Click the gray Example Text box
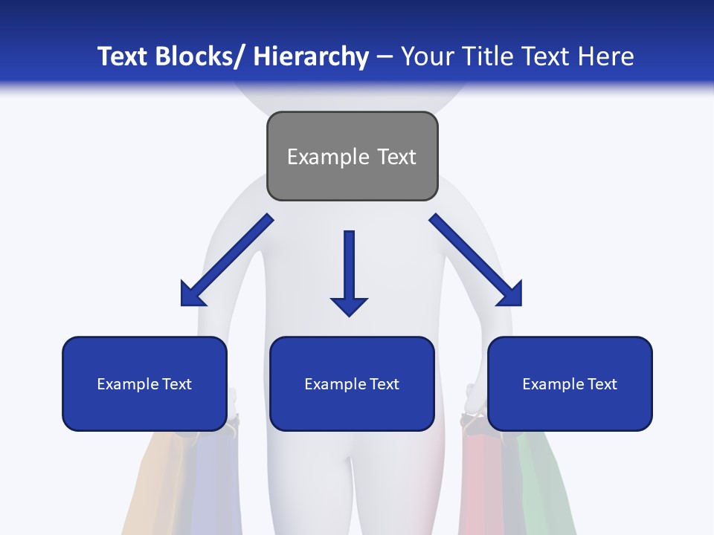pyautogui.click(x=352, y=156)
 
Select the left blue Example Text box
pyautogui.click(x=144, y=383)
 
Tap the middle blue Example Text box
pyautogui.click(x=352, y=383)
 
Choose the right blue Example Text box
pyautogui.click(x=570, y=383)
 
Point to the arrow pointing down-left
pyautogui.click(x=227, y=260)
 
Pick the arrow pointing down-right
pyautogui.click(x=476, y=260)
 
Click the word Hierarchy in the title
pyautogui.click(x=311, y=56)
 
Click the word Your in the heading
pyautogui.click(x=427, y=56)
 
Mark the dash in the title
pyautogui.click(x=385, y=56)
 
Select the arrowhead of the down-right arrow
pyautogui.click(x=512, y=296)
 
